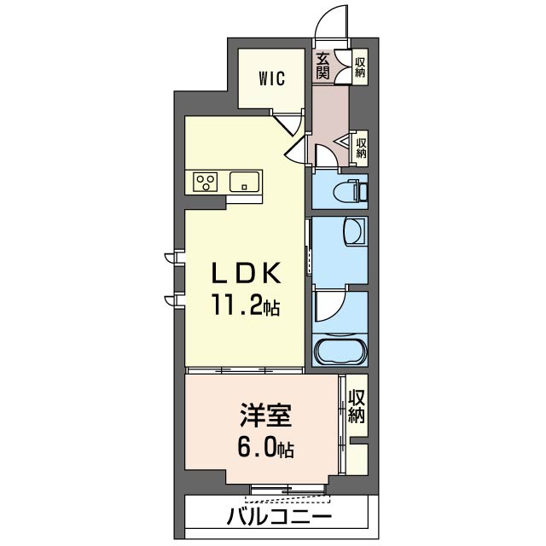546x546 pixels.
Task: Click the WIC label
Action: (x=271, y=78)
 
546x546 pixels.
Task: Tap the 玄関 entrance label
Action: (x=322, y=66)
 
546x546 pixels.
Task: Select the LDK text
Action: (x=247, y=272)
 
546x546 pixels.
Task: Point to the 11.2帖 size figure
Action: (x=246, y=305)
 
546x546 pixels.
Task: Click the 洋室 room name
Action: (x=265, y=415)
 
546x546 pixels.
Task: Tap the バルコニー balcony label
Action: (x=279, y=515)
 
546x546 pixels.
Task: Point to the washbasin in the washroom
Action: (x=353, y=230)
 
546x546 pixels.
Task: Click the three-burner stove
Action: (x=206, y=182)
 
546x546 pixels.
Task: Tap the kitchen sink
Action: (x=244, y=182)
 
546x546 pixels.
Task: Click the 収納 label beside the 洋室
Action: (x=357, y=406)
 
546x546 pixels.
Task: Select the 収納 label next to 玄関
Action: (x=360, y=67)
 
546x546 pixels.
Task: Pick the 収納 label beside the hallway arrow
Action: (x=361, y=148)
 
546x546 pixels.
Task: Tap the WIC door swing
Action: (x=287, y=125)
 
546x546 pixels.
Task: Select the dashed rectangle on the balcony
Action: (x=288, y=499)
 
